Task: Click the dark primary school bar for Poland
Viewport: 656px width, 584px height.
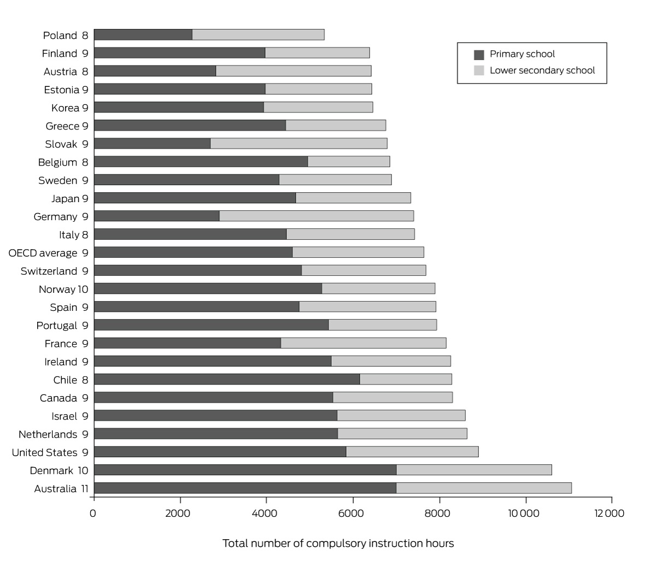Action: pyautogui.click(x=143, y=34)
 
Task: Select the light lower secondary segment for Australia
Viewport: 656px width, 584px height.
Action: pyautogui.click(x=484, y=488)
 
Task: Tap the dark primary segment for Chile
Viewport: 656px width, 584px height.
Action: pyautogui.click(x=227, y=379)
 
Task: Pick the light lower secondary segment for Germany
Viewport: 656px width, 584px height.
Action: pyautogui.click(x=317, y=216)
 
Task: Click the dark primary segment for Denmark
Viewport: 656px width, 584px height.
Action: pyautogui.click(x=245, y=470)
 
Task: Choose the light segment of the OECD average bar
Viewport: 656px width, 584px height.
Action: pyautogui.click(x=358, y=252)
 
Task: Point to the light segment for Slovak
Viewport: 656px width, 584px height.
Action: pyautogui.click(x=298, y=143)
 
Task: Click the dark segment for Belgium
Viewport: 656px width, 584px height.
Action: pyautogui.click(x=201, y=162)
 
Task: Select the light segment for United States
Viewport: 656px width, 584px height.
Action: pyautogui.click(x=412, y=452)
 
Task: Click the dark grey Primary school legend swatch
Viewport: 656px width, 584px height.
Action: pyautogui.click(x=479, y=55)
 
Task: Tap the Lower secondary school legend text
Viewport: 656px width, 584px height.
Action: pyautogui.click(x=542, y=70)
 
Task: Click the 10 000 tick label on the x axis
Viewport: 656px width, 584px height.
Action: pyautogui.click(x=524, y=513)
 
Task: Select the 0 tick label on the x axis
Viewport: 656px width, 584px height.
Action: pyautogui.click(x=93, y=513)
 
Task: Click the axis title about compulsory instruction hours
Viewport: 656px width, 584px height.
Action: pyautogui.click(x=338, y=544)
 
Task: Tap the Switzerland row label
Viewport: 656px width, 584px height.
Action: pyautogui.click(x=49, y=271)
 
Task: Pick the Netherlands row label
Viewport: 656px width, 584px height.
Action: pyautogui.click(x=48, y=434)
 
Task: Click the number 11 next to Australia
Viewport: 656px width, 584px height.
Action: pyautogui.click(x=85, y=488)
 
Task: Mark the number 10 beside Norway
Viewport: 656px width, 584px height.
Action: pyautogui.click(x=83, y=289)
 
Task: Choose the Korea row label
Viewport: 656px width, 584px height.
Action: pyautogui.click(x=66, y=108)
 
